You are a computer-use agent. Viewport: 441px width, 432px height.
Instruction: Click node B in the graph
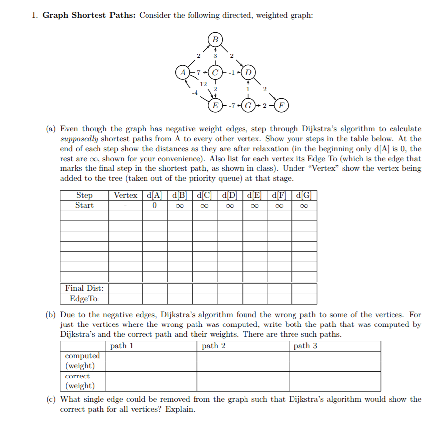tap(215, 39)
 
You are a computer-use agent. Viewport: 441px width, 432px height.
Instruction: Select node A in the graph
tap(183, 72)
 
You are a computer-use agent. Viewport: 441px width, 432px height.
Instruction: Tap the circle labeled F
tap(282, 105)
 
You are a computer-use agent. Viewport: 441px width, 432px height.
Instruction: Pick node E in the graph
tap(215, 105)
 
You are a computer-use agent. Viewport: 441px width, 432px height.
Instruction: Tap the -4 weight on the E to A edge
tap(194, 92)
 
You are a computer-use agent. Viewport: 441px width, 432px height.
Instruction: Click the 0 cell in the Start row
tap(155, 205)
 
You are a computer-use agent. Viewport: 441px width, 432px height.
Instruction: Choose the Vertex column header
tap(126, 195)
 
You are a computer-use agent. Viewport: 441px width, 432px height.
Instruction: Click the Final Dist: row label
tap(82, 288)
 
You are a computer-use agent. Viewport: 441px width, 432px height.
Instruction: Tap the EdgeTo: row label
tap(82, 299)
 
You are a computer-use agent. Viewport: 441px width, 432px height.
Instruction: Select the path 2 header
tap(214, 346)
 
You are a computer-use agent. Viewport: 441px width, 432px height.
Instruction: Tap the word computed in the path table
tap(82, 356)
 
